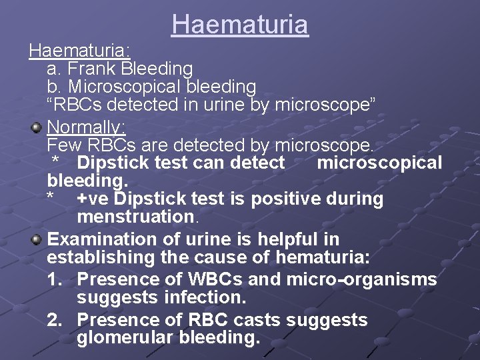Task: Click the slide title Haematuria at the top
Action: (x=239, y=25)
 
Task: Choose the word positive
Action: (x=287, y=199)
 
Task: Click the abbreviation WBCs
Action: (x=228, y=279)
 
